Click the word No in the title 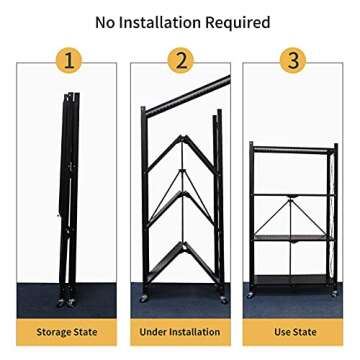click(x=107, y=21)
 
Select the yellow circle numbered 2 click(x=180, y=61)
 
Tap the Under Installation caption click(x=180, y=331)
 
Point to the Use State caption click(x=294, y=331)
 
